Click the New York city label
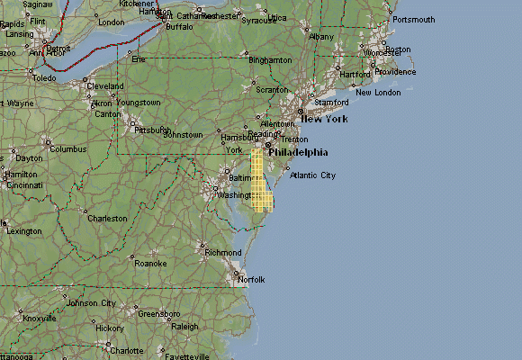click(324, 119)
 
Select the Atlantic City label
click(312, 175)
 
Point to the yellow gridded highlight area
click(259, 180)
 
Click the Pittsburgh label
click(152, 130)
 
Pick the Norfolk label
click(251, 280)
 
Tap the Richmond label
click(223, 253)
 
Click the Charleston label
click(107, 219)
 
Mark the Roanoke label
click(149, 264)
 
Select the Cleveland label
click(105, 86)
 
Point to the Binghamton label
click(270, 60)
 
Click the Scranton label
click(272, 90)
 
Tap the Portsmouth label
click(414, 20)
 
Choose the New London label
click(378, 93)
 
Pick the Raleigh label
click(184, 327)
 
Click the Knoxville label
click(39, 319)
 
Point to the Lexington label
click(23, 231)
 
